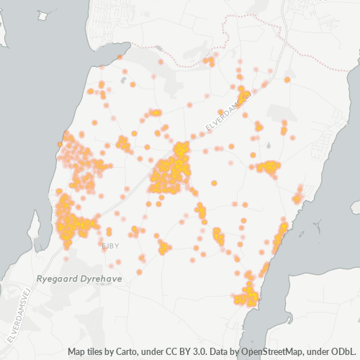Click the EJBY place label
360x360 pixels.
coord(109,246)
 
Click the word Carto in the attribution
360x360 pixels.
coord(129,352)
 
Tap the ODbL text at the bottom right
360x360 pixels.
coord(343,352)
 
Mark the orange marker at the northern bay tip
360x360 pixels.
coord(120,55)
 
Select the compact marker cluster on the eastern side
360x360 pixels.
coord(269,167)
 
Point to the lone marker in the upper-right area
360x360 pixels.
coord(287,80)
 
